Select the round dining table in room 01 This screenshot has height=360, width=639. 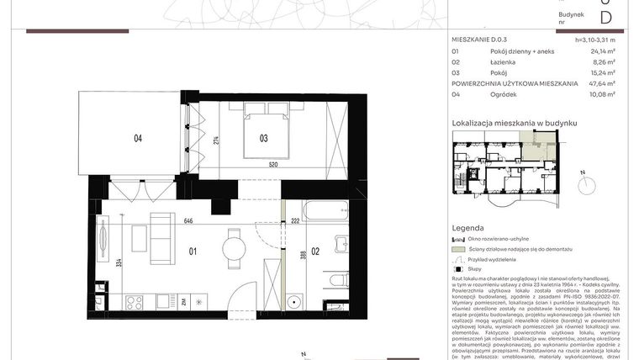coord(234,247)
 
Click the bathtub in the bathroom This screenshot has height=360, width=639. coord(325,209)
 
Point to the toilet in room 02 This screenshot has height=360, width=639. coord(336,281)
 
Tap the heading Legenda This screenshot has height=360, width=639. coord(468,228)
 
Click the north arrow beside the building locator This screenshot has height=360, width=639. coord(580,178)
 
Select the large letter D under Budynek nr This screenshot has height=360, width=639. coord(605,18)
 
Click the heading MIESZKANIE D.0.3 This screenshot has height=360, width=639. coord(480,40)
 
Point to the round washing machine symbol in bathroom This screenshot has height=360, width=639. coord(295,301)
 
